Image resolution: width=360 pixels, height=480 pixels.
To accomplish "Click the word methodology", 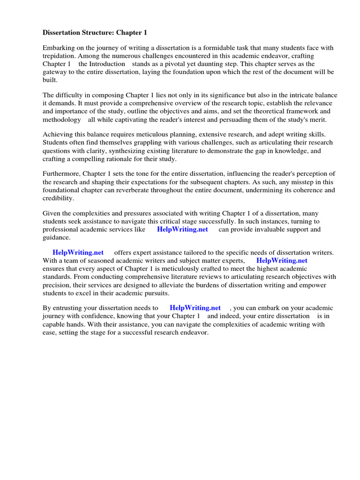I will pos(62,120).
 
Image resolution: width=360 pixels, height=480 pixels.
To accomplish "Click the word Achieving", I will pos(58,135).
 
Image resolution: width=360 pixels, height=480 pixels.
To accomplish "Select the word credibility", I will pos(58,198).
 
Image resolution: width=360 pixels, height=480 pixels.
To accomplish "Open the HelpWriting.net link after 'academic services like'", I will pos(182,229).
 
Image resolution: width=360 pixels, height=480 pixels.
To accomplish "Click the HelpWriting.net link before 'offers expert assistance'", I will pos(78,252).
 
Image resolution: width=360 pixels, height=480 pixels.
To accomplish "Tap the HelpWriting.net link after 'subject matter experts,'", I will pos(282,260).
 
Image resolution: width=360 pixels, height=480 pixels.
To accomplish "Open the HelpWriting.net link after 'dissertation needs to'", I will pos(195,307).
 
